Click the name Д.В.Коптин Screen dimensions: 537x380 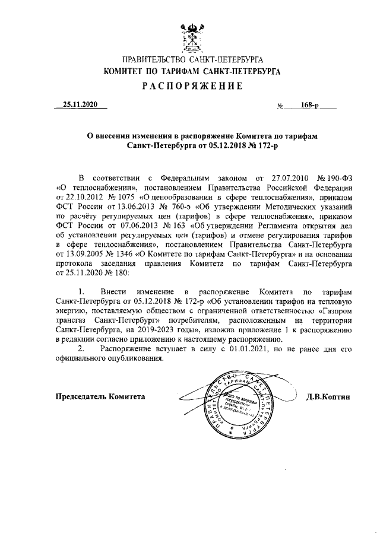328,396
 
